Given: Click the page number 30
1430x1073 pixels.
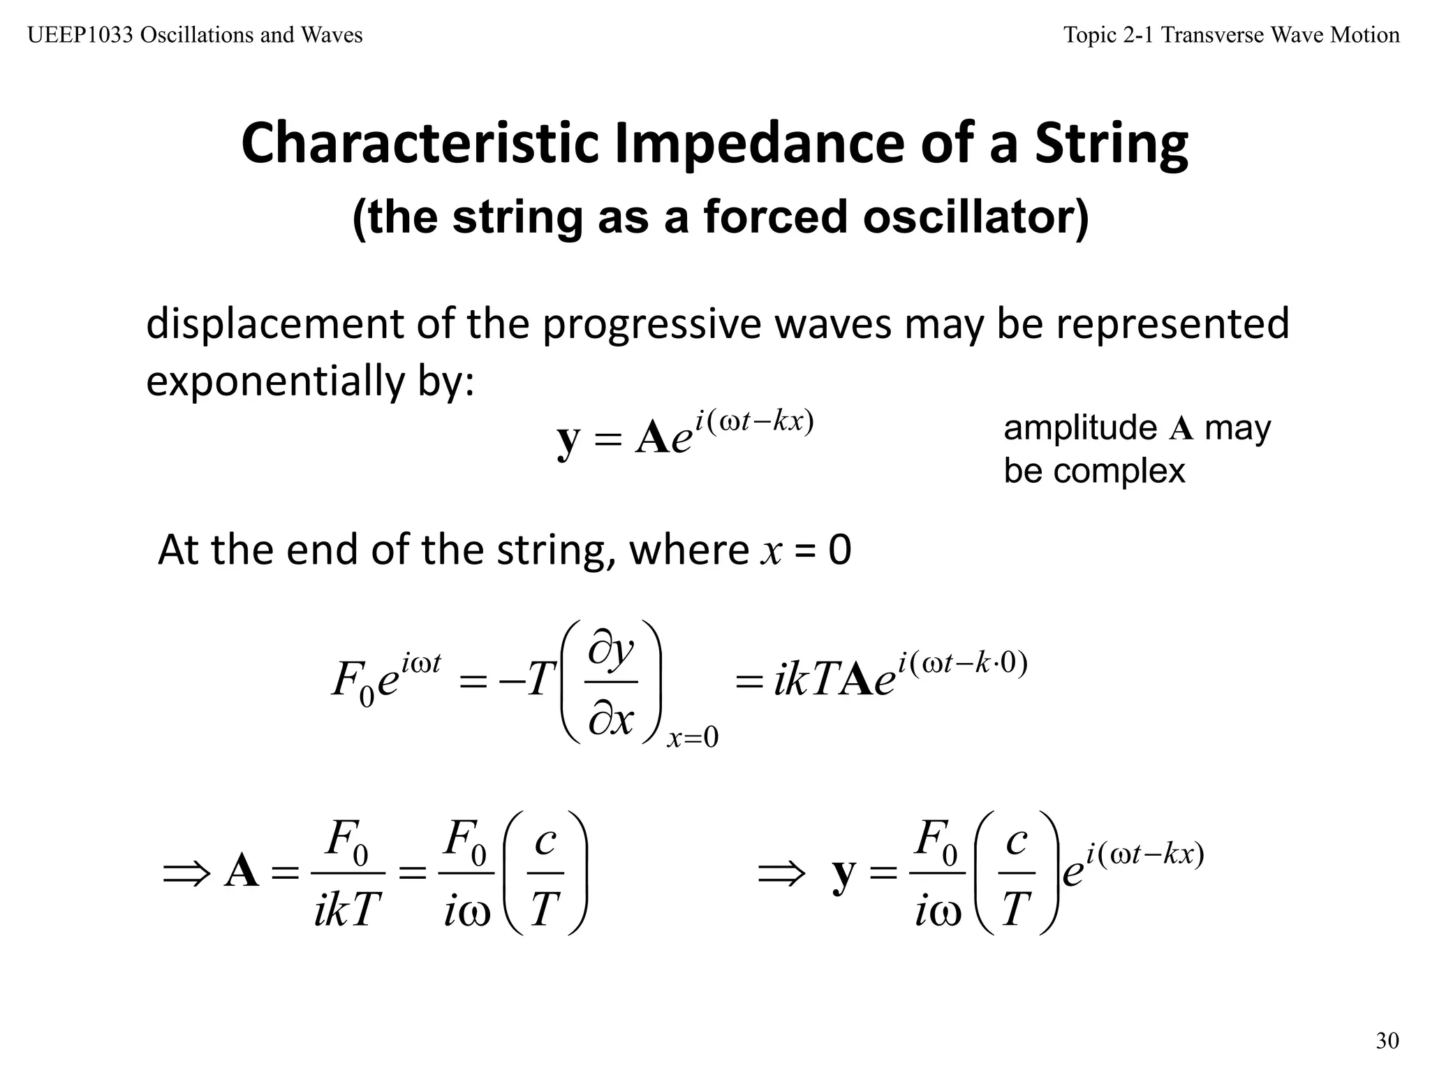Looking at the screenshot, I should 1387,1041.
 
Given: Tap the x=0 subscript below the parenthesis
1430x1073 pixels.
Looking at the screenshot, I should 693,738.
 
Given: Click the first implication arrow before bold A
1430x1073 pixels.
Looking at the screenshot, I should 186,873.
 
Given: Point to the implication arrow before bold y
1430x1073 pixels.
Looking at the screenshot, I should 781,873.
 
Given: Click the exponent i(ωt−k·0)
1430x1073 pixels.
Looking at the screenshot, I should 963,663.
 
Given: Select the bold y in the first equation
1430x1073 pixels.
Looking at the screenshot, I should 568,440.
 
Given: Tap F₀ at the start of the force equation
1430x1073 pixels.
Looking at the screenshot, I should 353,681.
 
